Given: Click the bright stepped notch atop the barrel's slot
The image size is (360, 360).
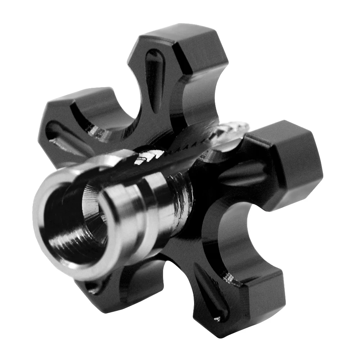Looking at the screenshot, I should pyautogui.click(x=144, y=158).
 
